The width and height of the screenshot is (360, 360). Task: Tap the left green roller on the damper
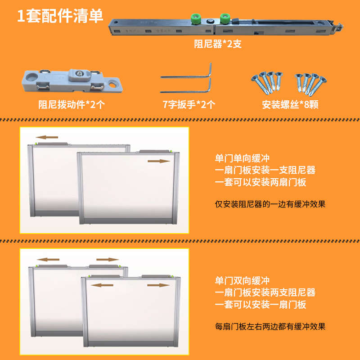coord(195,19)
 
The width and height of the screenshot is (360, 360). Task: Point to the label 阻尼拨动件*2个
coord(72,105)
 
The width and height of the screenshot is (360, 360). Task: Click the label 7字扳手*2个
coord(189,105)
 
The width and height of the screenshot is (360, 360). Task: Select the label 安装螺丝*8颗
coord(290,105)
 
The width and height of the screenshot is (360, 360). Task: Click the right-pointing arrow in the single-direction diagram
coord(159,161)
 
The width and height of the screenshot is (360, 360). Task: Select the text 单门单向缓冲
coord(242,159)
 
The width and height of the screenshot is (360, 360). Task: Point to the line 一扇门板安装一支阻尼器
coord(265,171)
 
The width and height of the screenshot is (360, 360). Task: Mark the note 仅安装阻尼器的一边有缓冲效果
coord(270,204)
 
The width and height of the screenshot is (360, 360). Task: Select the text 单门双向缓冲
coord(242,281)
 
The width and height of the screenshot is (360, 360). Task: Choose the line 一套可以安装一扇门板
coord(261,305)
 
